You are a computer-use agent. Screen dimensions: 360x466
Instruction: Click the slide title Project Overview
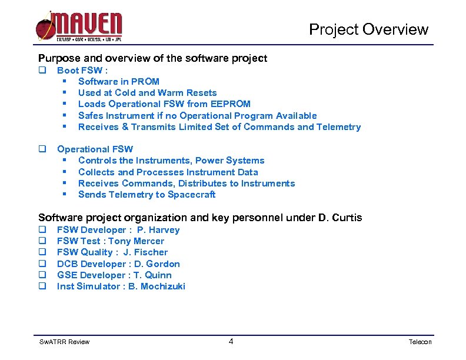[x=369, y=29]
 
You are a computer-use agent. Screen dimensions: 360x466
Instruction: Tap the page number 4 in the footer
[x=231, y=341]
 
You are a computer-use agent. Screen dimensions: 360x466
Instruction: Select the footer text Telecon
[x=420, y=342]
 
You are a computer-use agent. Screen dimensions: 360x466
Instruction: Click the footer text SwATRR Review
[x=64, y=342]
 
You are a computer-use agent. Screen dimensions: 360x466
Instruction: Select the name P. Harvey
[x=158, y=230]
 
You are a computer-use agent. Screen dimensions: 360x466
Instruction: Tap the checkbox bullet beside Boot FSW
[x=42, y=70]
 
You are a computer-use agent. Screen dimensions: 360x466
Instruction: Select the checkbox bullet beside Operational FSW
[x=42, y=149]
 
